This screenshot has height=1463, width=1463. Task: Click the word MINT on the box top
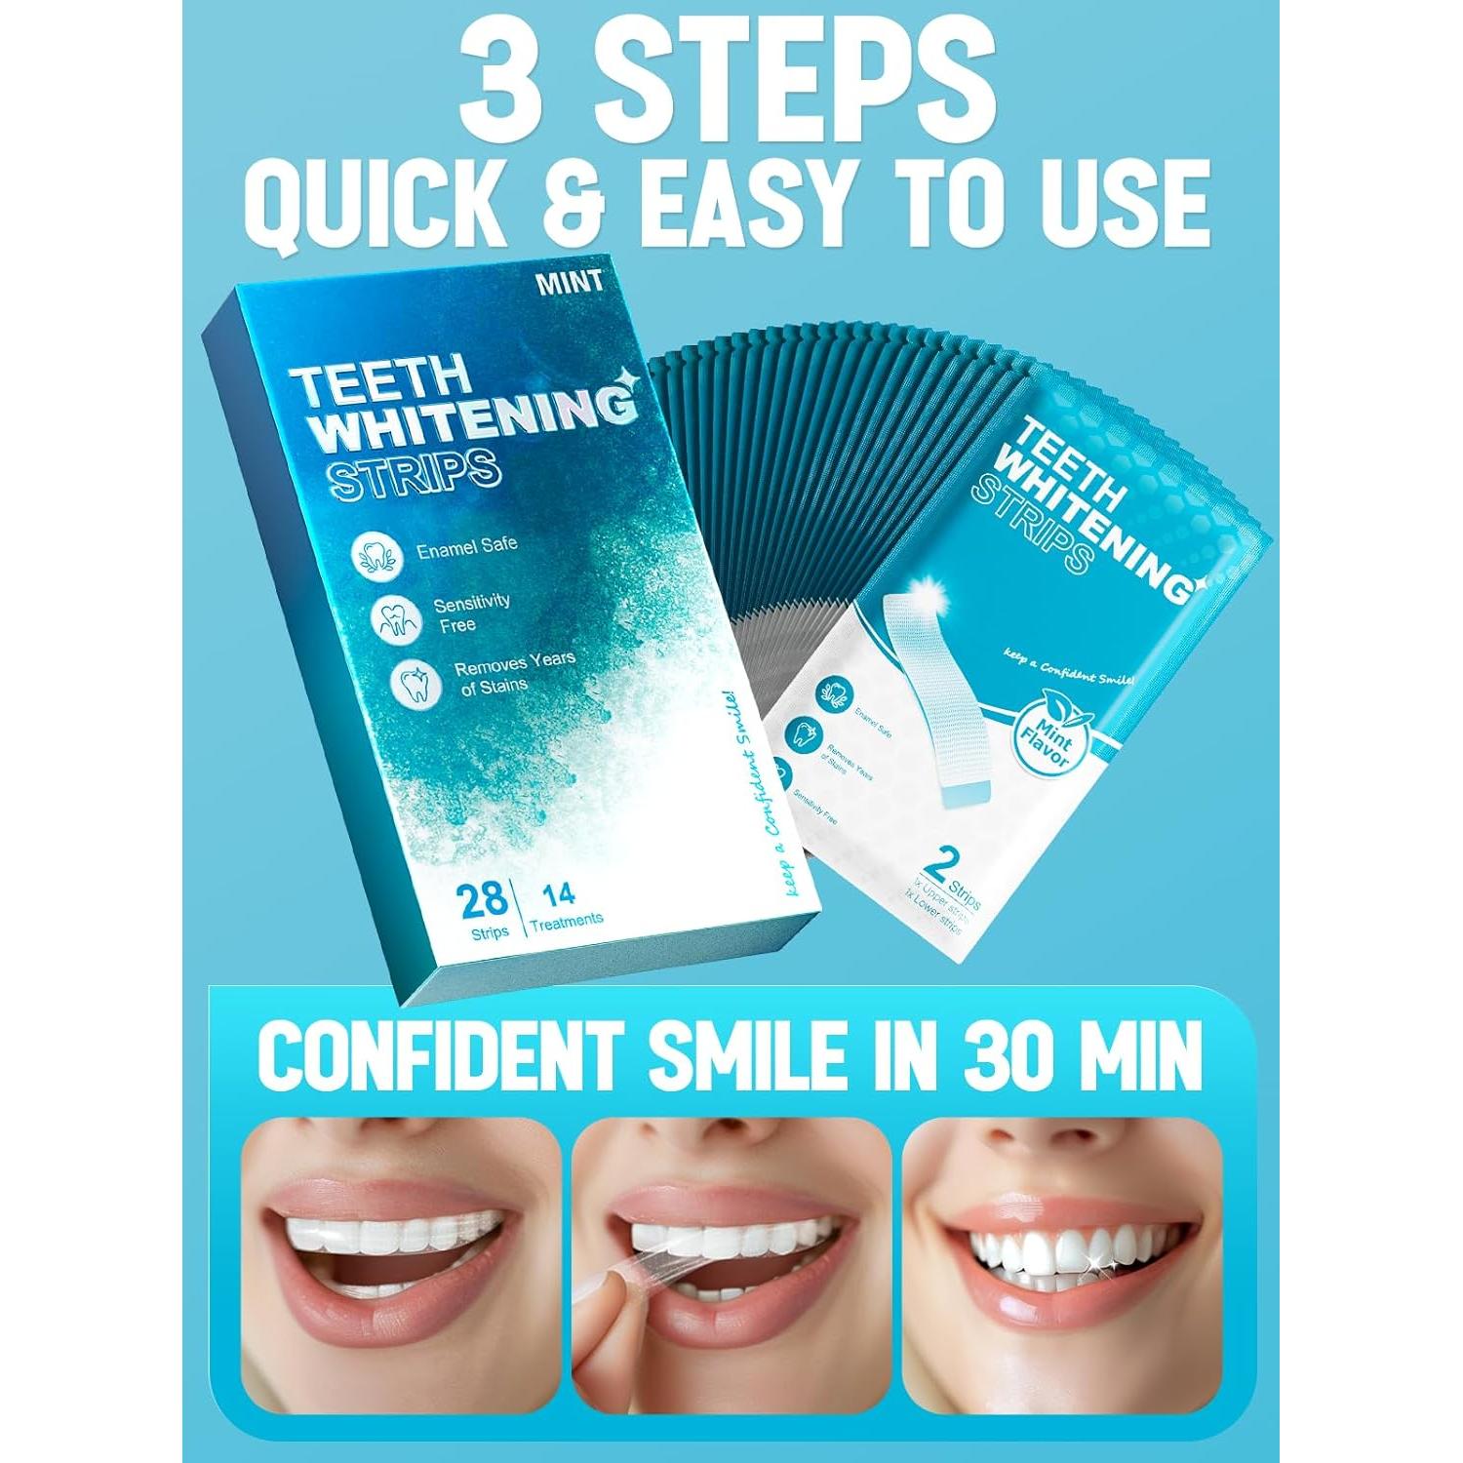point(569,283)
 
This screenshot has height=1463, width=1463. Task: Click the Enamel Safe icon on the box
point(379,557)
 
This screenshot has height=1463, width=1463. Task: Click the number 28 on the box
point(483,899)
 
